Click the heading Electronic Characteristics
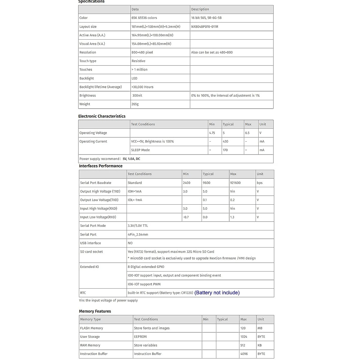102,116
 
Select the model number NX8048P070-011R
205,27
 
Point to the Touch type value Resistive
138,61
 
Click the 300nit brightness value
137,95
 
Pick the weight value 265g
135,104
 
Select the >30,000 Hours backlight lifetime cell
142,87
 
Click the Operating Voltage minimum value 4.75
212,133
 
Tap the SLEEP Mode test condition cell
140,150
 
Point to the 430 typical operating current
225,141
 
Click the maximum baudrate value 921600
235,183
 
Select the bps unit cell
259,183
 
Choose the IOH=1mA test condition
135,191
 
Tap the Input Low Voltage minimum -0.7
186,217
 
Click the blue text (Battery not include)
217,292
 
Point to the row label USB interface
90,243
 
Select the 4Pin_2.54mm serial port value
138,235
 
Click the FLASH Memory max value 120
243,328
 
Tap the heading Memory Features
95,311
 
